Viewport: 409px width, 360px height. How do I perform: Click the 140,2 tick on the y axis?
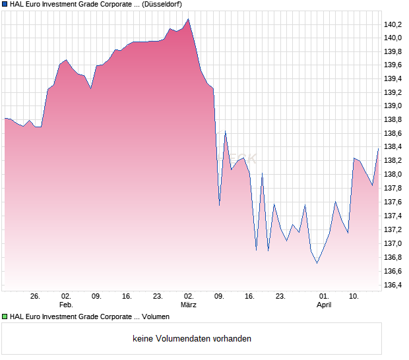pyautogui.click(x=393, y=24)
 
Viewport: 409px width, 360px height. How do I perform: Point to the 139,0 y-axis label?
pyautogui.click(x=393, y=105)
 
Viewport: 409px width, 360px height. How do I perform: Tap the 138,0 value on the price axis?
pyautogui.click(x=393, y=174)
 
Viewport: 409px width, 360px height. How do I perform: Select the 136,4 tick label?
pyautogui.click(x=393, y=285)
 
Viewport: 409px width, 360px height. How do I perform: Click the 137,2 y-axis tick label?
pyautogui.click(x=393, y=229)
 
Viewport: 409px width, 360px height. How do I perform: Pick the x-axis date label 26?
pyautogui.click(x=36, y=297)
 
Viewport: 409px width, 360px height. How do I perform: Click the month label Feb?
pyautogui.click(x=66, y=305)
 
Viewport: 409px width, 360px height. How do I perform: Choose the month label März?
pyautogui.click(x=189, y=305)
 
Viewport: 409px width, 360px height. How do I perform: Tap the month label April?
pyautogui.click(x=324, y=305)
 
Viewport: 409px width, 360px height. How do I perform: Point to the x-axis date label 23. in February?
pyautogui.click(x=158, y=297)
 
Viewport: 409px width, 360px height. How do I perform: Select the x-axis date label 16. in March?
pyautogui.click(x=249, y=297)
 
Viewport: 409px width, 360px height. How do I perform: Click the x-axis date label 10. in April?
pyautogui.click(x=354, y=297)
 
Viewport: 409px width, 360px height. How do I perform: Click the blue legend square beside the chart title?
pyautogui.click(x=5, y=4)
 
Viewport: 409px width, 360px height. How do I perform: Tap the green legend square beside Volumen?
pyautogui.click(x=5, y=316)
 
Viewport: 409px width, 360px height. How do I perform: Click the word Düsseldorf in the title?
pyautogui.click(x=162, y=4)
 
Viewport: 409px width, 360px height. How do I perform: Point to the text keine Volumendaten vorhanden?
pyautogui.click(x=192, y=339)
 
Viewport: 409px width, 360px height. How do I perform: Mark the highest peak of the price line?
pyautogui.click(x=189, y=18)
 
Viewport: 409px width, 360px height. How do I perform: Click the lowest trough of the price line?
pyautogui.click(x=317, y=264)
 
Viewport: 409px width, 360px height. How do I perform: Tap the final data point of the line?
pyautogui.click(x=379, y=148)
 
